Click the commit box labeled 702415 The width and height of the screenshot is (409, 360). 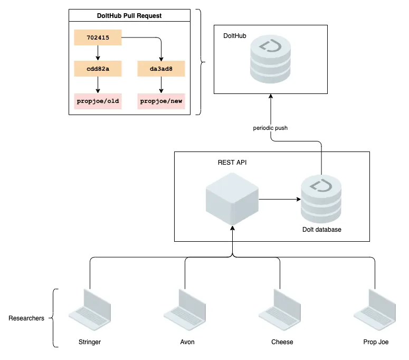click(x=98, y=37)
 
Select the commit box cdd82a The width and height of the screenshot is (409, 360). click(x=98, y=69)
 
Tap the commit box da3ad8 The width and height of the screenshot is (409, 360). click(x=161, y=69)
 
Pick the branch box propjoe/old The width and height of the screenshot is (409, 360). click(x=98, y=101)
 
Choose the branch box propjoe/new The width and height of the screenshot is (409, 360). click(x=161, y=101)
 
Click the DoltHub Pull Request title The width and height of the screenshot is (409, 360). click(x=129, y=16)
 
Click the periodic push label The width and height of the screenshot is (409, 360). click(x=270, y=128)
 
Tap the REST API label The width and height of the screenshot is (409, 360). click(x=232, y=163)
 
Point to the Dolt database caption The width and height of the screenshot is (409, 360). click(x=321, y=230)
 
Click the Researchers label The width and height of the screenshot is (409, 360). click(x=26, y=318)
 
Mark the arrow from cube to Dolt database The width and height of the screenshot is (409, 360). click(x=280, y=200)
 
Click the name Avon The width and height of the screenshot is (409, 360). click(x=187, y=342)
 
